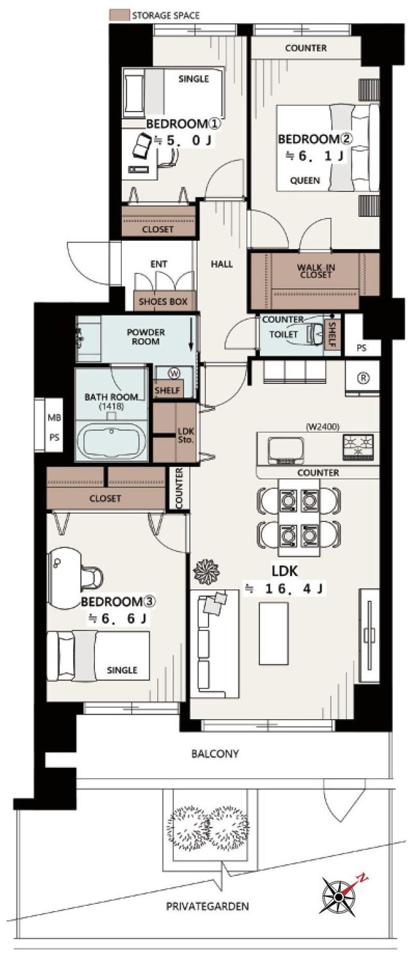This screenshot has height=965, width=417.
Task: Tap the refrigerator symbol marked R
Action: (363, 378)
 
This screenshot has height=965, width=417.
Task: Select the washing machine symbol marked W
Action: (174, 373)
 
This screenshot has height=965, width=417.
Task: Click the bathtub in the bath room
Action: (112, 442)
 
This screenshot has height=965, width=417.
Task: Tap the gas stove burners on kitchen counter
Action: (358, 446)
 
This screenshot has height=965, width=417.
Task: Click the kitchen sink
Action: (285, 450)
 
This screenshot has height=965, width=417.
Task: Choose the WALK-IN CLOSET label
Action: (316, 271)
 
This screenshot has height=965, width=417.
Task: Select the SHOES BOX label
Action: (163, 302)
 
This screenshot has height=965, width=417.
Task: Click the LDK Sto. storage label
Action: (186, 435)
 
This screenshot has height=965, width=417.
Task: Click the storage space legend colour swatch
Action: (119, 15)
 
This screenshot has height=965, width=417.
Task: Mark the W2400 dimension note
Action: (323, 427)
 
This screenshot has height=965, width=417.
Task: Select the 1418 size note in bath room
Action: (112, 406)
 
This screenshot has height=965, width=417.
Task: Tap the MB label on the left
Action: (55, 417)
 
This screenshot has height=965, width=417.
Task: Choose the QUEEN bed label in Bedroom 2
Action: (305, 180)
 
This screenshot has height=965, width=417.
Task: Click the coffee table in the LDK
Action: (274, 634)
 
